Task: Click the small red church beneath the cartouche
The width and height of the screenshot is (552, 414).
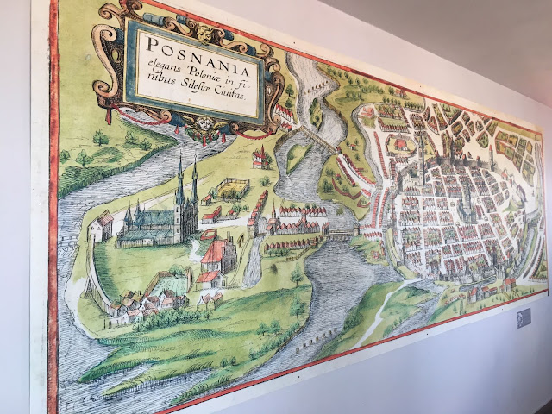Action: [x=258, y=156]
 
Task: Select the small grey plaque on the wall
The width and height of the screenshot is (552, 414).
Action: [x=524, y=318]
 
